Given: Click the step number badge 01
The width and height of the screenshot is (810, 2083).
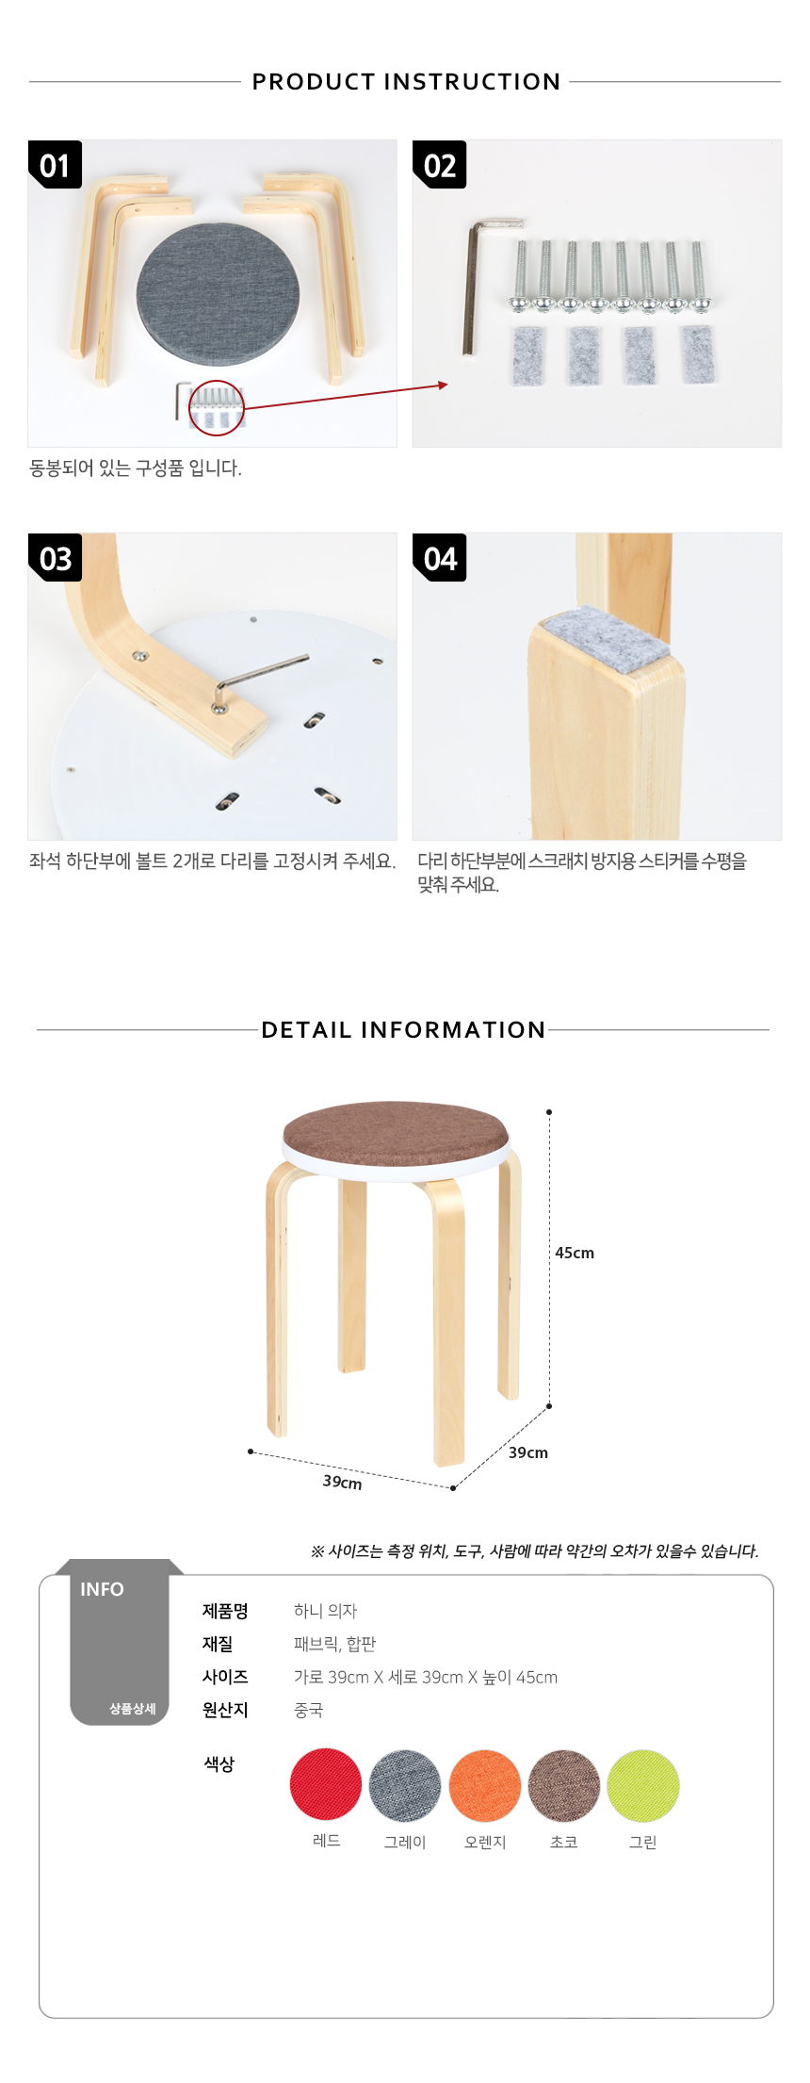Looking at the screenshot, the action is coord(55,165).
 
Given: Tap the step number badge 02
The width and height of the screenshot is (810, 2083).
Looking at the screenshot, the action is coord(440,165).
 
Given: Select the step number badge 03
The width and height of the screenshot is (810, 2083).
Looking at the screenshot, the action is coord(55,558).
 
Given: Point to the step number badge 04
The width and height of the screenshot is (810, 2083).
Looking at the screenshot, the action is coord(440,558).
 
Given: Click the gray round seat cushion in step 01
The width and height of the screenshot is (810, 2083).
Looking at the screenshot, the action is coord(219,294).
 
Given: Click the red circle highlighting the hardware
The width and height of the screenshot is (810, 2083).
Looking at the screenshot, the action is coord(217,407).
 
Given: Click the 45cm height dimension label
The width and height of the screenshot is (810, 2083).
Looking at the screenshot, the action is coord(575,1253).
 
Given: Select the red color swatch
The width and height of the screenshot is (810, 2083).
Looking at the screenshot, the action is coord(326,1784).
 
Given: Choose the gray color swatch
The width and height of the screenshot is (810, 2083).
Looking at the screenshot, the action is coord(405,1786).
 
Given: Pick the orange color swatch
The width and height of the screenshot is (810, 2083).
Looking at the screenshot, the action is coord(485,1786).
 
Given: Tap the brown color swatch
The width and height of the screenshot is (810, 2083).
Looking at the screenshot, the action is coord(564,1786).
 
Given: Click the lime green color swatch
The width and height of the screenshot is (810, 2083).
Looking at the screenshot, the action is coord(643,1786).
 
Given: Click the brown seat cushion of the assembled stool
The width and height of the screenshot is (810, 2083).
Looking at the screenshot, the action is coord(396,1132).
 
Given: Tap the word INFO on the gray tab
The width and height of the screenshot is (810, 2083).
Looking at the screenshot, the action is coord(102,1589).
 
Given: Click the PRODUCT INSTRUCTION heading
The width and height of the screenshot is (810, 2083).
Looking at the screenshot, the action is coord(406,82).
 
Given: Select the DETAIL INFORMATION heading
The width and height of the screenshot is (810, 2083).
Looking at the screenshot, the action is coord(403,1029).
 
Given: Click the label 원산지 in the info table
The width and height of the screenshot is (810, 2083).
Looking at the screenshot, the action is coord(225,1710).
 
